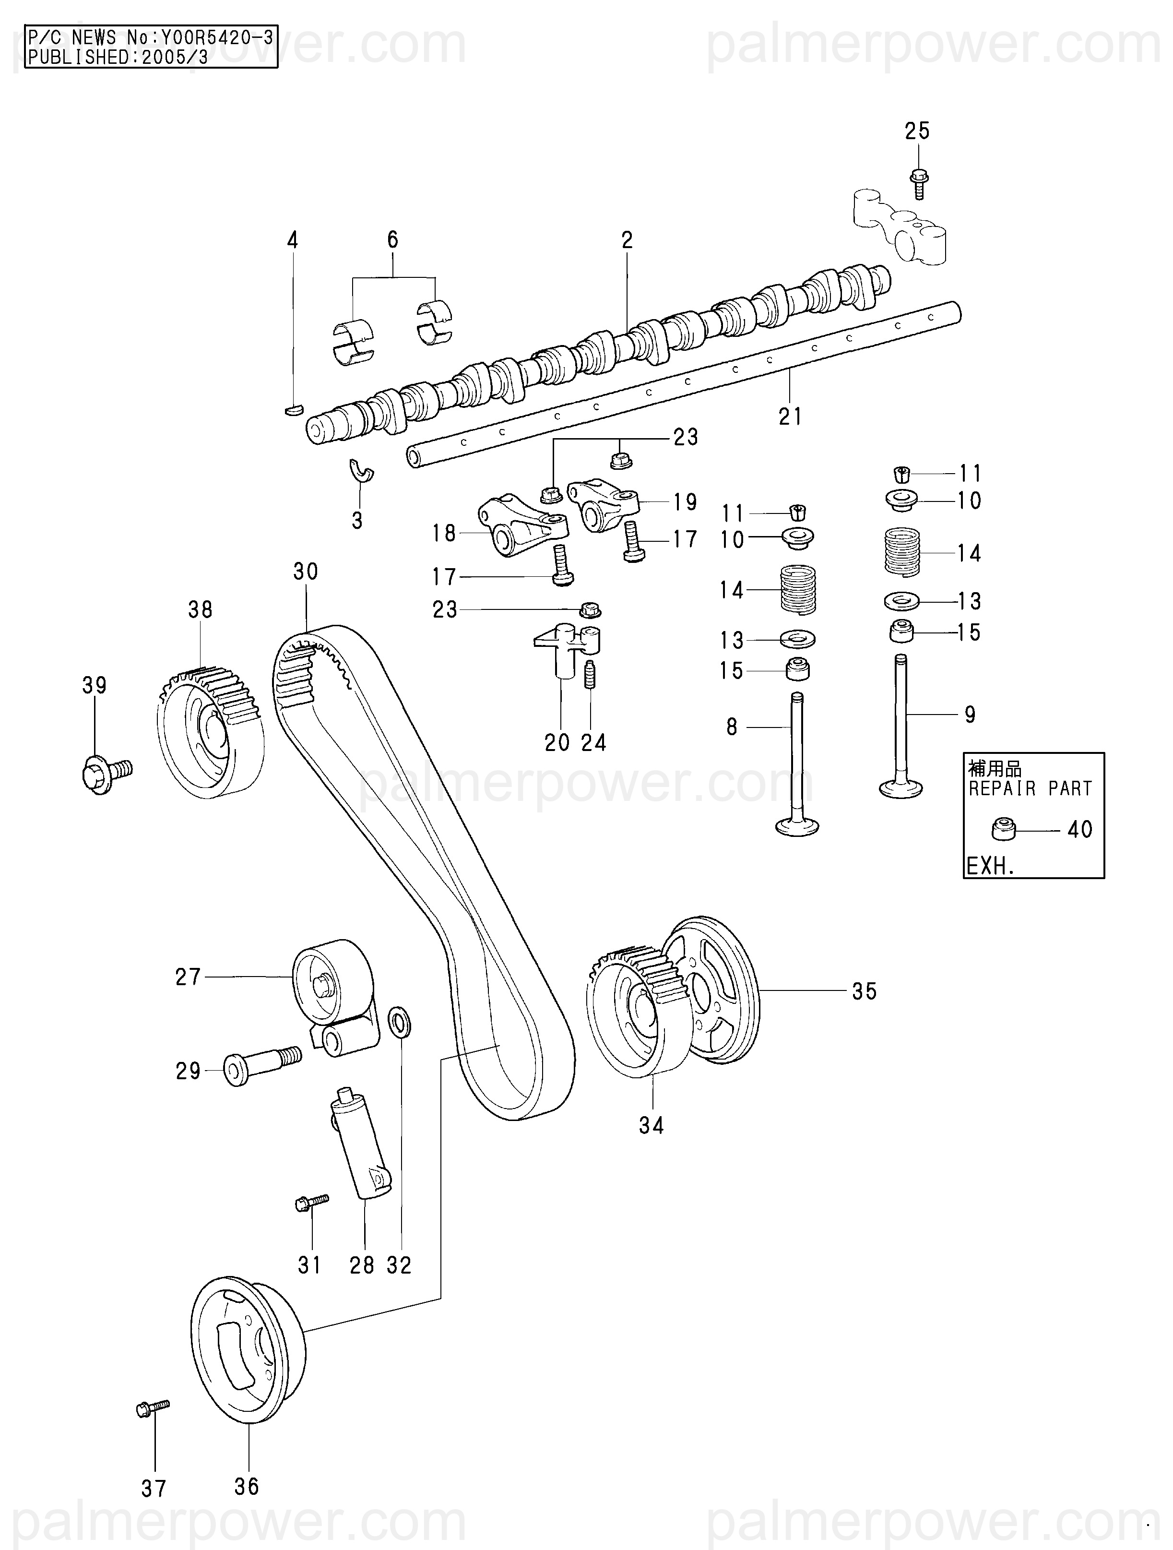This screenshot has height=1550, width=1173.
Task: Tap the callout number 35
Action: (x=865, y=991)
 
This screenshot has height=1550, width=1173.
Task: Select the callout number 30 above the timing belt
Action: (x=306, y=572)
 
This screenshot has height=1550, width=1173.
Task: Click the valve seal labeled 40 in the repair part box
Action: (x=1003, y=830)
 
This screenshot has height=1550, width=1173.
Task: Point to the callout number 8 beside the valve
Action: (x=732, y=727)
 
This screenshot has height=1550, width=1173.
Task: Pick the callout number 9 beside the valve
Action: (x=970, y=715)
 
